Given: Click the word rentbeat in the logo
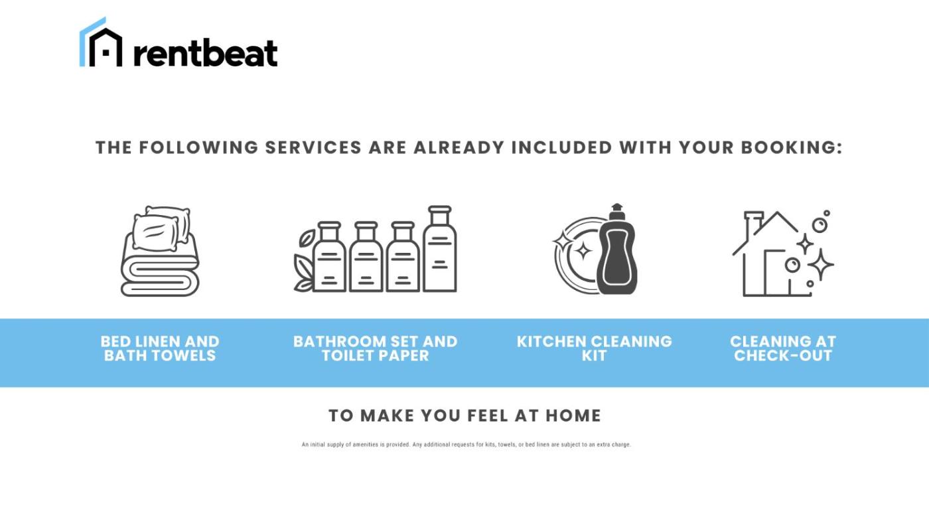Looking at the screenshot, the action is pyautogui.click(x=206, y=53).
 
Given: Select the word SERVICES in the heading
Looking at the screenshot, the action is pyautogui.click(x=313, y=147).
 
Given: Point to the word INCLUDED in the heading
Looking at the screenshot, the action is pyautogui.click(x=561, y=147).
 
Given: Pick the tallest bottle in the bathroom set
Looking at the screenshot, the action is pyautogui.click(x=440, y=249).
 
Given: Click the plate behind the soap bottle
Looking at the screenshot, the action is pyautogui.click(x=577, y=255).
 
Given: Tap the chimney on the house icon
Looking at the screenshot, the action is pyautogui.click(x=753, y=226).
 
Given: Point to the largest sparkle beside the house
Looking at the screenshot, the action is pyautogui.click(x=820, y=264).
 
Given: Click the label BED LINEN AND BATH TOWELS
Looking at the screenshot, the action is pyautogui.click(x=160, y=348).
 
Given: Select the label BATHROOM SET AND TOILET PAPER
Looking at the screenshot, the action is pyautogui.click(x=376, y=348).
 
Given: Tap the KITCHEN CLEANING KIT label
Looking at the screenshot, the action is pyautogui.click(x=595, y=348).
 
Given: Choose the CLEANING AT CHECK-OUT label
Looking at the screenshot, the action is pyautogui.click(x=783, y=348).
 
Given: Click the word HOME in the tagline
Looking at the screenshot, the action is pyautogui.click(x=573, y=415).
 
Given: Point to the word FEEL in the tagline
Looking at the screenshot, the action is pyautogui.click(x=488, y=415).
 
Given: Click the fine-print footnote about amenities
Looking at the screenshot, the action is pyautogui.click(x=466, y=445).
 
